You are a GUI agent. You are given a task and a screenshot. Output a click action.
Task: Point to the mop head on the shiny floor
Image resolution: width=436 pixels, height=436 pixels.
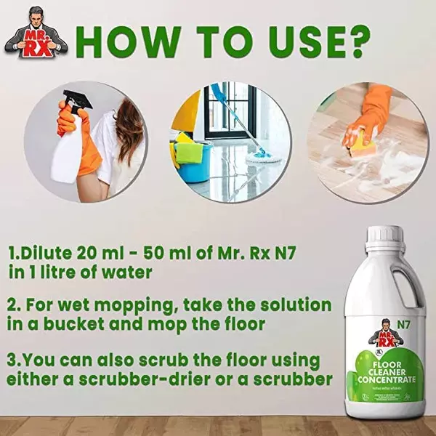pyautogui.click(x=257, y=155)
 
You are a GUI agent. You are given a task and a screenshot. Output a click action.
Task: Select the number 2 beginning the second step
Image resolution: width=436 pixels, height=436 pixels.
pyautogui.click(x=12, y=304)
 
